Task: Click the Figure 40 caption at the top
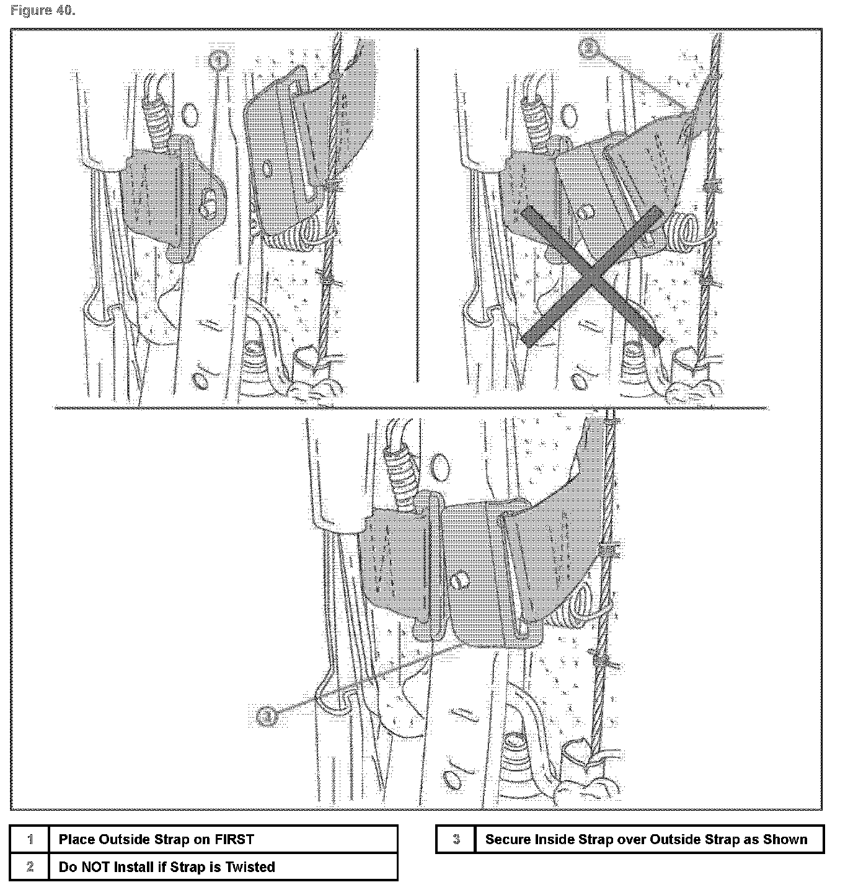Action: [43, 11]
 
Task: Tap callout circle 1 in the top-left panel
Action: [218, 59]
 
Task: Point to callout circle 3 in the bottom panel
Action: [267, 716]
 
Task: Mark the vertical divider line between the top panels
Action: [417, 217]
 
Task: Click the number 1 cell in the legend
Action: [30, 840]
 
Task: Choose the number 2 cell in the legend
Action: [30, 867]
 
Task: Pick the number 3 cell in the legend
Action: [456, 840]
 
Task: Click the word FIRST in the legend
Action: [234, 840]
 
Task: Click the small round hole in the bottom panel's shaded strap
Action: [458, 581]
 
